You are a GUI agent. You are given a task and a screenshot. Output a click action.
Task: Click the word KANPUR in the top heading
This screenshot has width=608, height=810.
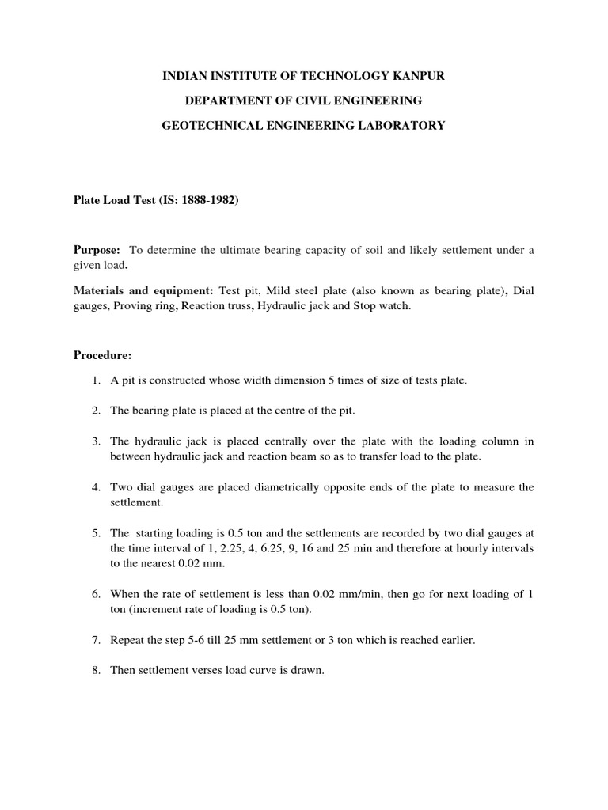click(x=418, y=76)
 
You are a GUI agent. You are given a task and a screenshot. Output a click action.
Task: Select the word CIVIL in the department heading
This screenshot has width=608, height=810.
click(x=296, y=100)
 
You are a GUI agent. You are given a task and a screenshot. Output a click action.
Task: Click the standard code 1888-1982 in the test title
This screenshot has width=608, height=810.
click(x=205, y=201)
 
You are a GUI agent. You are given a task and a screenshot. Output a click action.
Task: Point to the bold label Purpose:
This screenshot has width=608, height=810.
click(x=97, y=250)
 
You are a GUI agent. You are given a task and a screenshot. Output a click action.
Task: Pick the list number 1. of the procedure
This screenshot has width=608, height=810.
click(x=95, y=380)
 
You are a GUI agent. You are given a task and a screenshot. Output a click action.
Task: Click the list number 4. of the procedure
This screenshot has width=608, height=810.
click(x=95, y=487)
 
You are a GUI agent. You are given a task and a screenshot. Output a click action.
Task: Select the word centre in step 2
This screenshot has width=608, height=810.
click(x=304, y=411)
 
